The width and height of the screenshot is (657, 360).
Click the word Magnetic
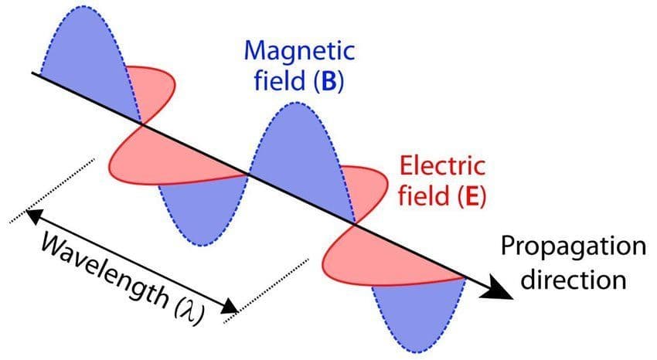click(298, 53)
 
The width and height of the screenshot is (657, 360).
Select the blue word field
click(280, 81)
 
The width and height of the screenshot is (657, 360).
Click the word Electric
click(441, 167)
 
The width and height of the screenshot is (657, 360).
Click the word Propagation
click(573, 248)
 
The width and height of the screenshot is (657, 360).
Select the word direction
click(573, 278)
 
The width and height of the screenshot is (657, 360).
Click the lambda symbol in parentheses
click(182, 304)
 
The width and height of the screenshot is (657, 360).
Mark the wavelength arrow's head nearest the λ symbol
click(230, 307)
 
